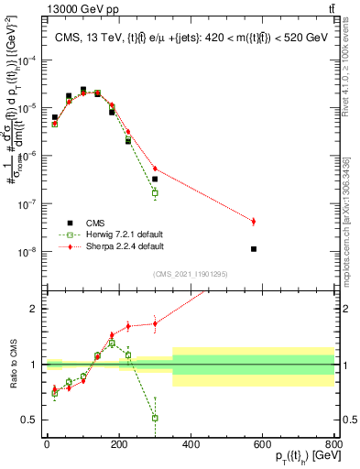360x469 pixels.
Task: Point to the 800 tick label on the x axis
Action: [334, 445]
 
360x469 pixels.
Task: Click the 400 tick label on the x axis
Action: [191, 445]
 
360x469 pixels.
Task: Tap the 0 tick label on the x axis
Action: [47, 445]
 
